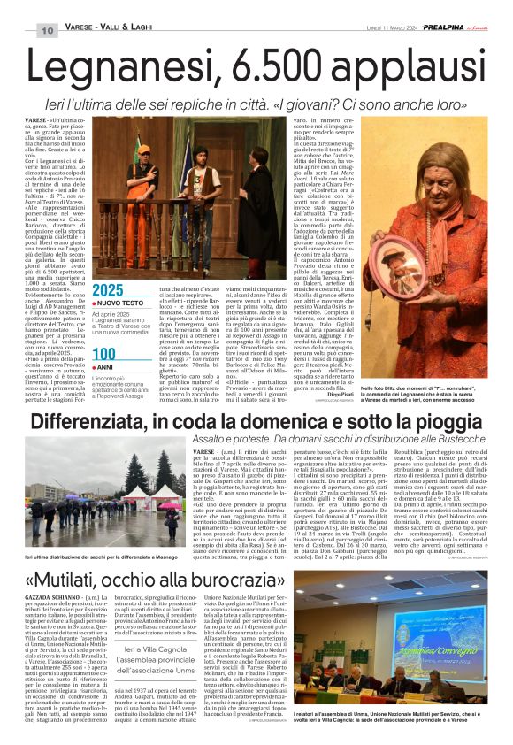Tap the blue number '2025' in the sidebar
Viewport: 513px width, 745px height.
(108, 290)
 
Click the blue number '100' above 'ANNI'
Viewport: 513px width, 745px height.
(103, 354)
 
